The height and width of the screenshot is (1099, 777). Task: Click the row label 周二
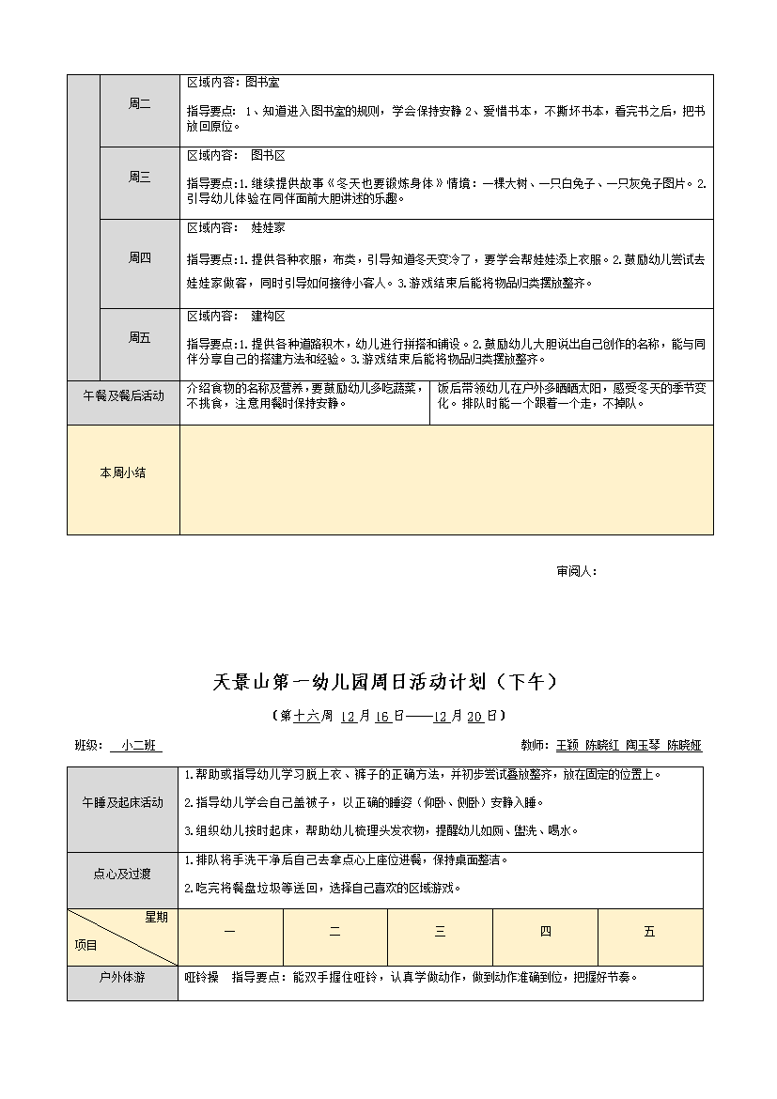139,104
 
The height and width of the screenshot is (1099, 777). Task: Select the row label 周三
139,177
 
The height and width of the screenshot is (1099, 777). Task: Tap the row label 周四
139,257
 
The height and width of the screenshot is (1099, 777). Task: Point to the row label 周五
139,337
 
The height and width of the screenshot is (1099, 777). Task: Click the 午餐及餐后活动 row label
123,396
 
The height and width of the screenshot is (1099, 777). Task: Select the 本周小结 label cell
123,473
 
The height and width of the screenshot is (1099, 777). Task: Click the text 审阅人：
577,570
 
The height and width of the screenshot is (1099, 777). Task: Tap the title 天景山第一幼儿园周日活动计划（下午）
386,683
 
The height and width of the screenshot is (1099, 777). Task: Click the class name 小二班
136,746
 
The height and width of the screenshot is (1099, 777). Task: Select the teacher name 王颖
567,746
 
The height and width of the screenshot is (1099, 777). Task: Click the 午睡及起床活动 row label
123,803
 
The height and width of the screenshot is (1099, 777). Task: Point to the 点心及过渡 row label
123,874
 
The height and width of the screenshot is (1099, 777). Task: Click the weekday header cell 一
230,932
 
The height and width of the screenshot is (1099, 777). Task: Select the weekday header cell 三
440,932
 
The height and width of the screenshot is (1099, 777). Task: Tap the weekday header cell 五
649,932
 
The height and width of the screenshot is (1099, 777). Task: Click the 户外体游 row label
123,977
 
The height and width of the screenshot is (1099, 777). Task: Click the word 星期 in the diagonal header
156,918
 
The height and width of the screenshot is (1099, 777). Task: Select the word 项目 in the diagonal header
85,946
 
